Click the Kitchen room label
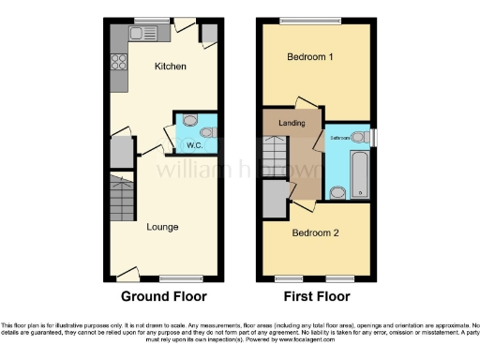click(x=171, y=67)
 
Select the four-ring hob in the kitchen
click(x=120, y=63)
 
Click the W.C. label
click(x=195, y=145)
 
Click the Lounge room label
click(x=162, y=227)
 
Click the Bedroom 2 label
click(x=315, y=232)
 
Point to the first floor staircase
click(x=274, y=152)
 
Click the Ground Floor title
click(x=163, y=296)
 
